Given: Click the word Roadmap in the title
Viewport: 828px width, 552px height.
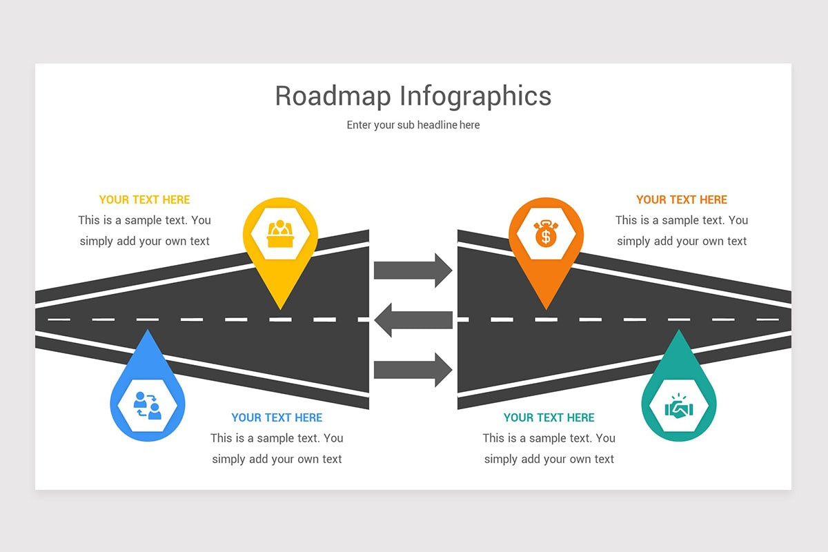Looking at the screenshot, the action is pos(333,96).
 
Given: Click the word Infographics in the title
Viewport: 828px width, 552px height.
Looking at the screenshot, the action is pos(475,97).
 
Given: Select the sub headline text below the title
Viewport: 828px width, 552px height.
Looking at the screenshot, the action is pos(413,125).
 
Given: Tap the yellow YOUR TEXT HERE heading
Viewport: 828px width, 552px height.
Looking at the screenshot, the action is pos(144,199).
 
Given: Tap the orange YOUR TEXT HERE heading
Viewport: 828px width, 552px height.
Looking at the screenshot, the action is pos(682,199).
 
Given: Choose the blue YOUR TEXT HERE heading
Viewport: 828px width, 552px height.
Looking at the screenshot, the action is pos(277,417).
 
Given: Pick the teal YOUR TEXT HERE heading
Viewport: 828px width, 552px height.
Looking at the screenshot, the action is pos(549,417).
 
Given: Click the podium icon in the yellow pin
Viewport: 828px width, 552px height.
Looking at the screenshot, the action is pos(280,234).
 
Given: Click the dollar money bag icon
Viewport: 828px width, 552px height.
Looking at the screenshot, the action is pos(546,233).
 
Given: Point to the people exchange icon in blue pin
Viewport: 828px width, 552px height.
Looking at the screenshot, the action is pos(148,406).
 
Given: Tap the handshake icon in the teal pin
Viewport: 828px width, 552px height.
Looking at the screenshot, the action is pos(679,406).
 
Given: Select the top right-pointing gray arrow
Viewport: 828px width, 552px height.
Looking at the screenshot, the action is pos(413,270).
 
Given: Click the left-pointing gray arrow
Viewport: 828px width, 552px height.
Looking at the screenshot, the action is pos(413,320).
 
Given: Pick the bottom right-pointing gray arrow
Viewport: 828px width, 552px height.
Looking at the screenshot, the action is pos(413,370).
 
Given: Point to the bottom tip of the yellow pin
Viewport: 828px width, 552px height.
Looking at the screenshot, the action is pos(281,309).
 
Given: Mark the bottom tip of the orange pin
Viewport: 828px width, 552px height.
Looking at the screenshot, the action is pos(546,309).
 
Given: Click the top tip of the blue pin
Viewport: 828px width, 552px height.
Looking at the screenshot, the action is pos(148,329).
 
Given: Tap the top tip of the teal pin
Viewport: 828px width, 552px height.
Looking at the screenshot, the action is pos(679,329).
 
